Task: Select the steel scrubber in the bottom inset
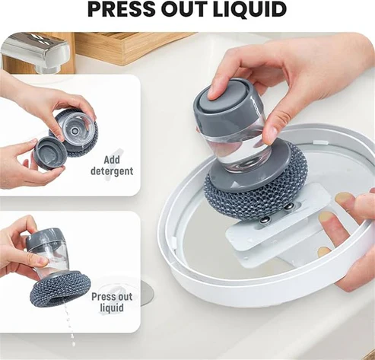[58, 290]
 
